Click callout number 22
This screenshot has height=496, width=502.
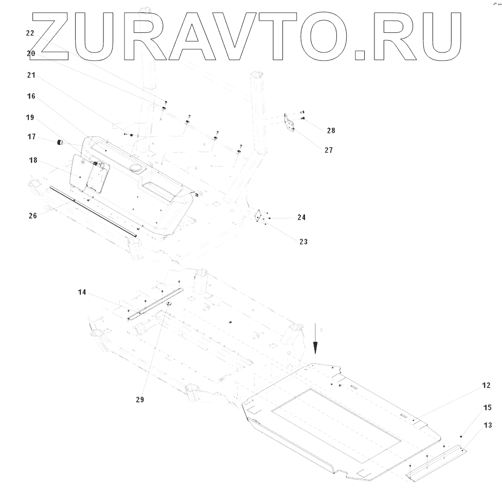click(x=30, y=33)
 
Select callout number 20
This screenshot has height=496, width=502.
click(x=30, y=53)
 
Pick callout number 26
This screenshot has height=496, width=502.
click(x=33, y=216)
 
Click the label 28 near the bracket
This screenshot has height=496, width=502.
click(x=331, y=131)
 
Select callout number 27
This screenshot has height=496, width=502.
click(x=329, y=151)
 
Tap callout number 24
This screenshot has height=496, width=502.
click(x=301, y=217)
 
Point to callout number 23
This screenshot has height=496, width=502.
click(x=303, y=241)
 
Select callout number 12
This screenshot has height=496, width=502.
click(x=486, y=385)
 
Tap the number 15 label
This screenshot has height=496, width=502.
click(x=486, y=407)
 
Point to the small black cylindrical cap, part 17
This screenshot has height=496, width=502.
click(x=59, y=142)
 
